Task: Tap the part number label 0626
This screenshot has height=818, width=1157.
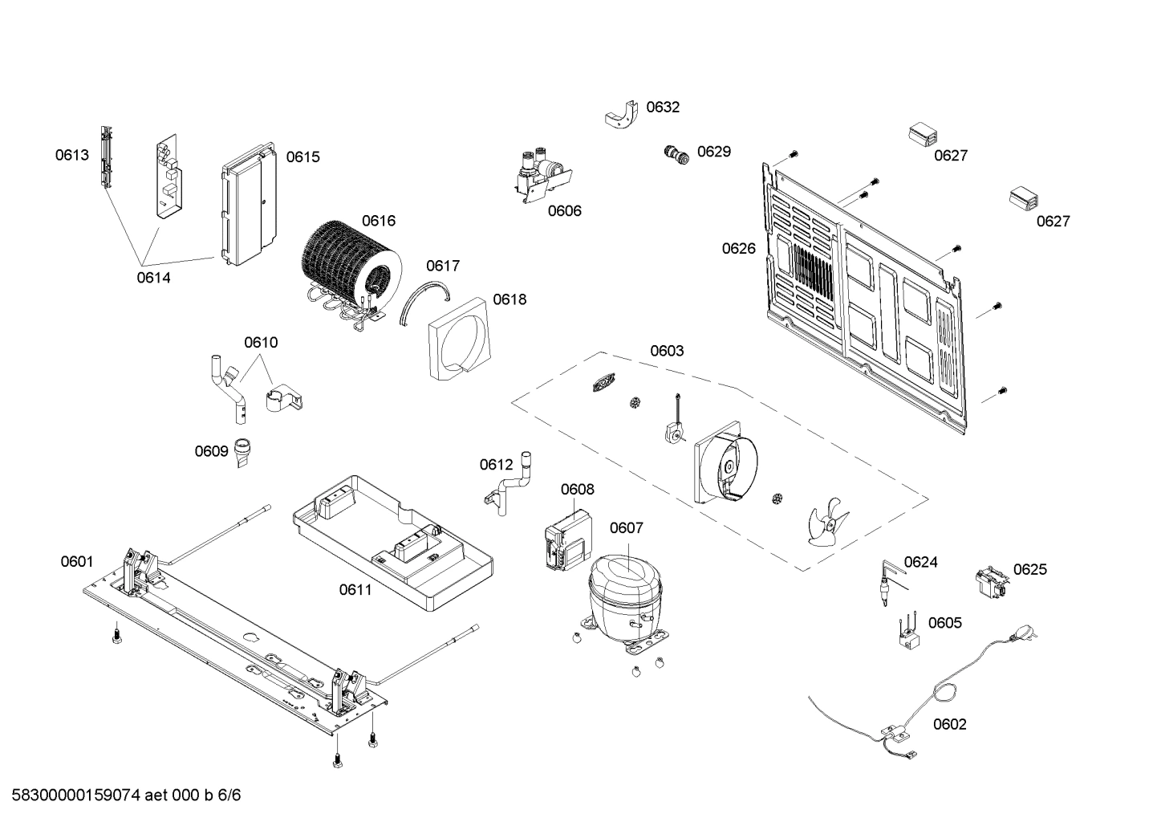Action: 738,249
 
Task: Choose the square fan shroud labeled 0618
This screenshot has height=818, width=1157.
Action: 457,338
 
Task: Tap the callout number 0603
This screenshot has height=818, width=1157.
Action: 667,351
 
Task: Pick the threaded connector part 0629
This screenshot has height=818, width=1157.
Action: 677,153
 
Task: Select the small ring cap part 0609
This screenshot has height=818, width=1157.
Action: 242,451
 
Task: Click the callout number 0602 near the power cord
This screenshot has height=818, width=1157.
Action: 949,724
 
